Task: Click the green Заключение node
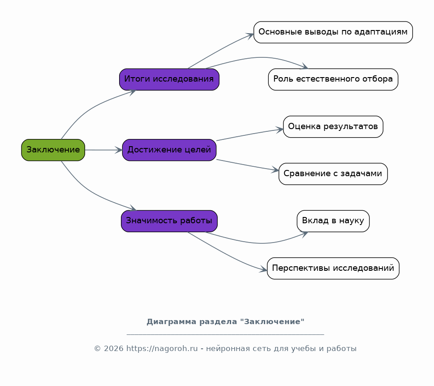point(53,150)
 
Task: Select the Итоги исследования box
point(169,79)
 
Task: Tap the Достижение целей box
point(169,150)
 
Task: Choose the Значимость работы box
point(169,221)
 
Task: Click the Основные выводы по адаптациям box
point(333,32)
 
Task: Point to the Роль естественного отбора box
point(333,79)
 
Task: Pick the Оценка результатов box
point(333,126)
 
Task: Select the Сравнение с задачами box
point(333,174)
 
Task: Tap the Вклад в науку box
point(333,221)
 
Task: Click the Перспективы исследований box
point(333,268)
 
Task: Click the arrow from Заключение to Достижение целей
point(103,150)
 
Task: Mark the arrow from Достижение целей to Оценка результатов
point(249,134)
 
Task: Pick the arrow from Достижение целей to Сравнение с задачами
point(247,165)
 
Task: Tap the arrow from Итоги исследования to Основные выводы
point(220,50)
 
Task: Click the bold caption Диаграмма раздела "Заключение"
point(225,322)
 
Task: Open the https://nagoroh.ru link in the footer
point(162,349)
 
